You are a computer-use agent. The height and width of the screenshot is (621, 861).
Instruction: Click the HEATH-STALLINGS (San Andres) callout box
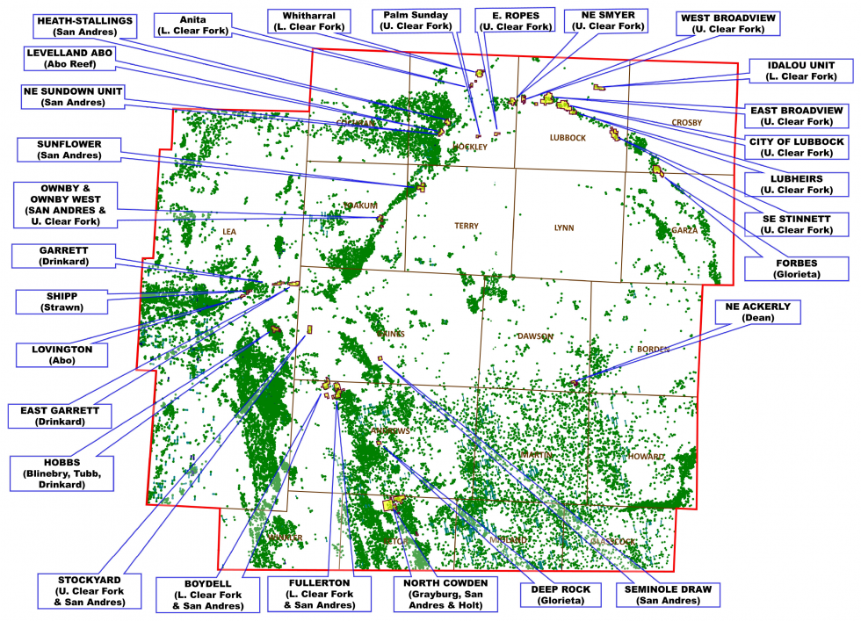(84, 26)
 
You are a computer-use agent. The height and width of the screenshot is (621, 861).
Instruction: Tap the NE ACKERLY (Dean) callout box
(757, 312)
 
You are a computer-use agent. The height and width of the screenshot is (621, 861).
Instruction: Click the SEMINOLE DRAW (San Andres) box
(668, 595)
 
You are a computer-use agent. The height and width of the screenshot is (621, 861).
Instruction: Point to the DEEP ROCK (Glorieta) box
(561, 595)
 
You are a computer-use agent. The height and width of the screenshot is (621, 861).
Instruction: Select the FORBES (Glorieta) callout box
(796, 268)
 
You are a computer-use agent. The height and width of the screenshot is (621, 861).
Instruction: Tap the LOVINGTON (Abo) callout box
(61, 354)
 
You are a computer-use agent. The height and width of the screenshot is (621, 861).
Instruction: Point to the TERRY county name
(467, 226)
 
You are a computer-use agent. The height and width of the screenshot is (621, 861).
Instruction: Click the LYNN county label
(564, 227)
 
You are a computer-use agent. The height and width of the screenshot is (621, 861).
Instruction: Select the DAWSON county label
(535, 336)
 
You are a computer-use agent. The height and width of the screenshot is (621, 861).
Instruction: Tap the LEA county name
(229, 231)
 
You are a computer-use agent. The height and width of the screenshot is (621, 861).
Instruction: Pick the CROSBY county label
(687, 122)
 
